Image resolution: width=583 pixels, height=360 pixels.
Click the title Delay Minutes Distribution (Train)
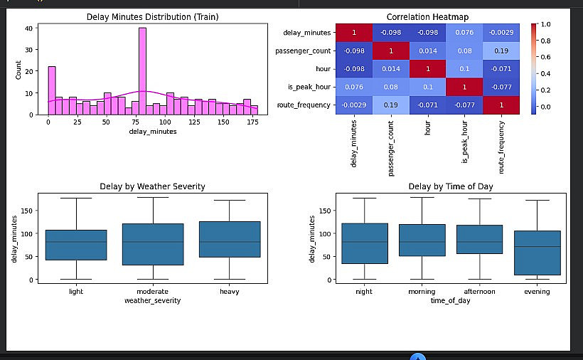point(152,16)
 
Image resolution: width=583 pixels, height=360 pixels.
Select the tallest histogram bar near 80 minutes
point(142,71)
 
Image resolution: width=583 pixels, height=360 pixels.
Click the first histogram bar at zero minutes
point(51,90)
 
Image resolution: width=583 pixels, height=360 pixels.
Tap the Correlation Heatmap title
point(427,16)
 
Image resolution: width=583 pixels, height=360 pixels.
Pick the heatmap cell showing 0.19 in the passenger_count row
point(502,51)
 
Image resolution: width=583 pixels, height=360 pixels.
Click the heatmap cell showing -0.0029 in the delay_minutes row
point(502,32)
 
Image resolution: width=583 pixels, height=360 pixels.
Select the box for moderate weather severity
point(153,244)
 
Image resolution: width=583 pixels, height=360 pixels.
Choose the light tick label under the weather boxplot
point(75,291)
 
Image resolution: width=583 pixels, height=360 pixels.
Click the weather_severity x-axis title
point(152,300)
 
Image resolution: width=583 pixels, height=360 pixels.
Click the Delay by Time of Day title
point(450,186)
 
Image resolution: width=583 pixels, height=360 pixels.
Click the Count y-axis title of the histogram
point(18,69)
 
